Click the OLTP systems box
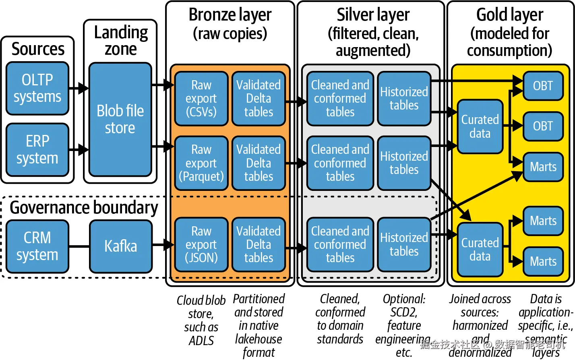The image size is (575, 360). click(37, 88)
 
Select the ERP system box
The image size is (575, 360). click(37, 149)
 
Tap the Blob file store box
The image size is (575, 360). click(120, 119)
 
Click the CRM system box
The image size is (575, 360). click(37, 246)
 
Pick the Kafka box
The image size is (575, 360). click(121, 246)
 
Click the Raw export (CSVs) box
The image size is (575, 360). click(201, 99)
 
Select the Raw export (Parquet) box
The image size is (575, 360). click(201, 163)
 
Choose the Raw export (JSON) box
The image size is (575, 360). click(201, 244)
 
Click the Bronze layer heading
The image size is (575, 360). click(230, 15)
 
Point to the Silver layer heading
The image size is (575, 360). click(373, 15)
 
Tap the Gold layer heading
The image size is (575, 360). click(510, 15)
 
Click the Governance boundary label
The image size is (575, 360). click(84, 208)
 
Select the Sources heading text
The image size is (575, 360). click(38, 49)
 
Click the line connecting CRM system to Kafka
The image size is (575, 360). click(79, 246)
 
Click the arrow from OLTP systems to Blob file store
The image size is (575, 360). click(79, 88)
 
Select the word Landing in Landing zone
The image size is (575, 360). click(121, 32)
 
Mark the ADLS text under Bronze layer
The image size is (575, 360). click(201, 341)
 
